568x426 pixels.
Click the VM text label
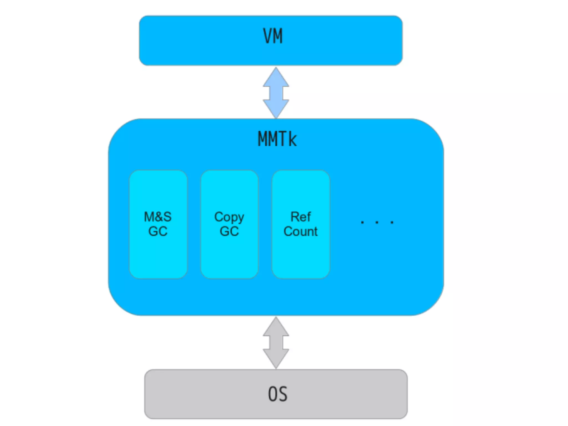coord(273,36)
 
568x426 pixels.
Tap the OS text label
coord(278,394)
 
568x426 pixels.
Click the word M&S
coord(158,217)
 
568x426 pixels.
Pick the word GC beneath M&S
coord(158,231)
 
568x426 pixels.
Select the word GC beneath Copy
coord(229,231)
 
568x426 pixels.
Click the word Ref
coord(301,217)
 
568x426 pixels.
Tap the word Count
coord(301,231)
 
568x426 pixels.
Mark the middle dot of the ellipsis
coord(377,222)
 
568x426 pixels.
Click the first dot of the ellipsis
coord(362,222)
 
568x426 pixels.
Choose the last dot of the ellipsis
coord(392,222)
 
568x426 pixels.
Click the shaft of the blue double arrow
coord(276,93)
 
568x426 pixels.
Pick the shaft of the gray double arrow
coord(276,343)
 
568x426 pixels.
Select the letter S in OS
coord(283,394)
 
